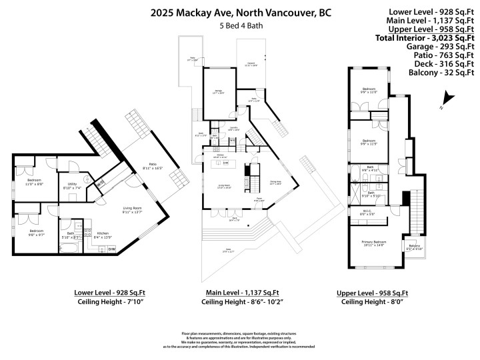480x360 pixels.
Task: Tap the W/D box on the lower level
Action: pos(101,184)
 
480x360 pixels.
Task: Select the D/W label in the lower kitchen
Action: pos(111,249)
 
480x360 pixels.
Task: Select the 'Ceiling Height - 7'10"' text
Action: pos(111,302)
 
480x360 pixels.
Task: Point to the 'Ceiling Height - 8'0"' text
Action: pos(375,302)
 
